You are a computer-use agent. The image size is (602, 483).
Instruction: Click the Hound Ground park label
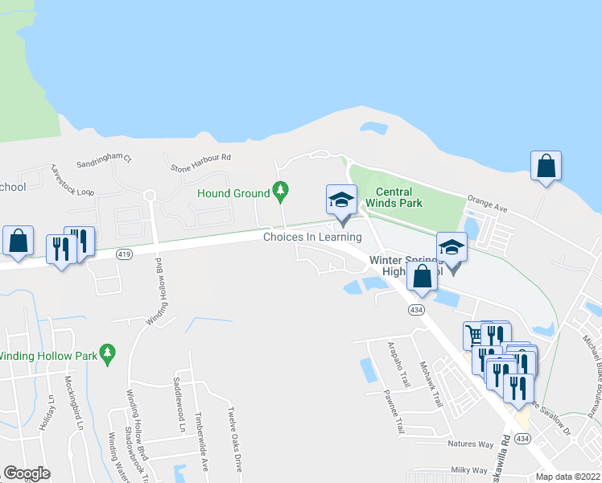coord(234,193)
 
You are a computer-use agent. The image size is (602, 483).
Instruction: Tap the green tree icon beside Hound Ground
coord(280,192)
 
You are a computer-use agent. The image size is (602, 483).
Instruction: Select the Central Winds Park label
coord(394,197)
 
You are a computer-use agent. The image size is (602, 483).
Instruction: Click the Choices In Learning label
coord(313,237)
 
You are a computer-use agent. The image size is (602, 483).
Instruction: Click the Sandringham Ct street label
coord(104,162)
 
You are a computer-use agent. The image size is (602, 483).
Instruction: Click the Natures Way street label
coord(471,444)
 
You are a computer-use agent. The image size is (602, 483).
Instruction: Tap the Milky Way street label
coord(468,470)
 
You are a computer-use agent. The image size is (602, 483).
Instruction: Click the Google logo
coord(27,473)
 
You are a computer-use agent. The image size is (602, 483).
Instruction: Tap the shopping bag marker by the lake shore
coord(546,167)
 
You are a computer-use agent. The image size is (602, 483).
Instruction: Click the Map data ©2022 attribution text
coord(568,477)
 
